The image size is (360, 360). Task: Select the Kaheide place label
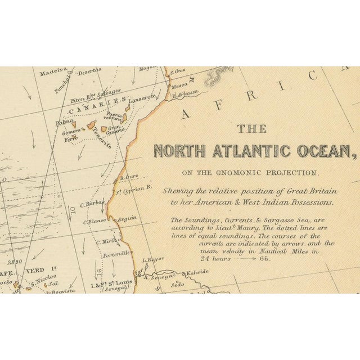tap(197, 271)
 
